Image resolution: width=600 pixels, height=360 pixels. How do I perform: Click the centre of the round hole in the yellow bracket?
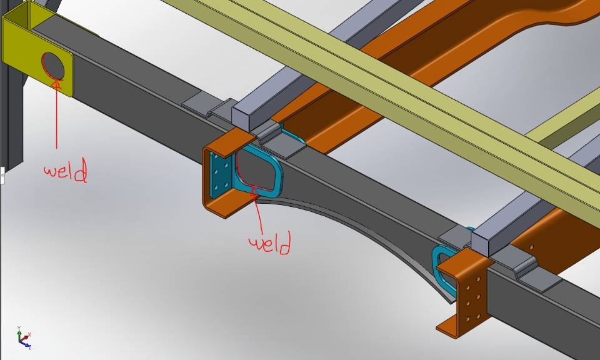pyautogui.click(x=53, y=64)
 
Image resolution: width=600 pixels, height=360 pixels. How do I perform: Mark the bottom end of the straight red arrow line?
pyautogui.click(x=57, y=149)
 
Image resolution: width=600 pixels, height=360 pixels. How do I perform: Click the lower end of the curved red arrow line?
pyautogui.click(x=263, y=234)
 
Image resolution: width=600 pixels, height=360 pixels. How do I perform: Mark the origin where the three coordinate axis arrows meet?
pyautogui.click(x=20, y=341)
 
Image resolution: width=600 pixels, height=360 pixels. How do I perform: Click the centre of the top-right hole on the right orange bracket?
pyautogui.click(x=478, y=279)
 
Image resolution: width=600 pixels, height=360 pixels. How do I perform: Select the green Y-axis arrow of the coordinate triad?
pyautogui.click(x=19, y=336)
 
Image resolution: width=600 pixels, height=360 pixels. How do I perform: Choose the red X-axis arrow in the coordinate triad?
pyautogui.click(x=24, y=339)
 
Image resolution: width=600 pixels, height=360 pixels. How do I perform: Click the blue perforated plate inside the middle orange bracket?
pyautogui.click(x=221, y=175)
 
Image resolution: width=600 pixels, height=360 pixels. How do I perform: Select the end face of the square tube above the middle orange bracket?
pyautogui.click(x=241, y=119)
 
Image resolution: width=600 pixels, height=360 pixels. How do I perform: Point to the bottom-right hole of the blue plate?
pyautogui.click(x=226, y=186)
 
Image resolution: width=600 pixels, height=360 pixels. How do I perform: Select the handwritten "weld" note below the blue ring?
pyautogui.click(x=270, y=242)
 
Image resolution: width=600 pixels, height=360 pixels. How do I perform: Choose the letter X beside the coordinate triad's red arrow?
pyautogui.click(x=29, y=334)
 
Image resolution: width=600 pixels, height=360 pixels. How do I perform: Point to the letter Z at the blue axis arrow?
pyautogui.click(x=29, y=347)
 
